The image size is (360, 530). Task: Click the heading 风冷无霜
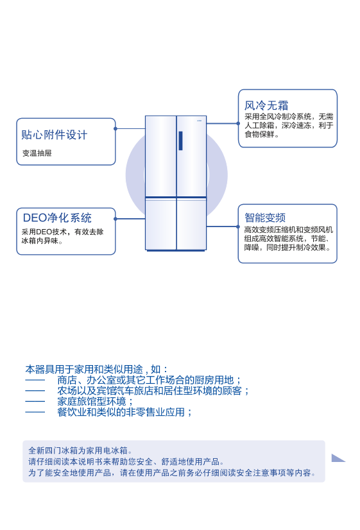(266, 105)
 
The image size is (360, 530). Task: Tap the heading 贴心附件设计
(55, 135)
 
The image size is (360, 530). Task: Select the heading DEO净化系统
(57, 218)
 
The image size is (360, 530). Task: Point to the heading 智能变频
(265, 218)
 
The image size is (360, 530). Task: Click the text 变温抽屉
(37, 153)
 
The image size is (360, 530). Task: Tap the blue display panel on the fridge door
(180, 141)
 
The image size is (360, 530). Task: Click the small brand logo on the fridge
(200, 119)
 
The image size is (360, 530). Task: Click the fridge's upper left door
(161, 156)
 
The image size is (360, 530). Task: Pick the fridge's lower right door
(191, 224)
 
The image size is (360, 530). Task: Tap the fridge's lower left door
(161, 224)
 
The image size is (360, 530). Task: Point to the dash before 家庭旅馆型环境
(35, 402)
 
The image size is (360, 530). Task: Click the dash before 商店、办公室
(35, 380)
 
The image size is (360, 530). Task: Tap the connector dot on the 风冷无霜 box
(238, 123)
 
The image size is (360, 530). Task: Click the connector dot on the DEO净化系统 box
(116, 219)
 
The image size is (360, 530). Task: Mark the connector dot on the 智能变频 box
(238, 227)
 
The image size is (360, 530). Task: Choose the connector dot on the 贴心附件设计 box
(116, 128)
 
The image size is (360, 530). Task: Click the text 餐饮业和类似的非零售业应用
(124, 413)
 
